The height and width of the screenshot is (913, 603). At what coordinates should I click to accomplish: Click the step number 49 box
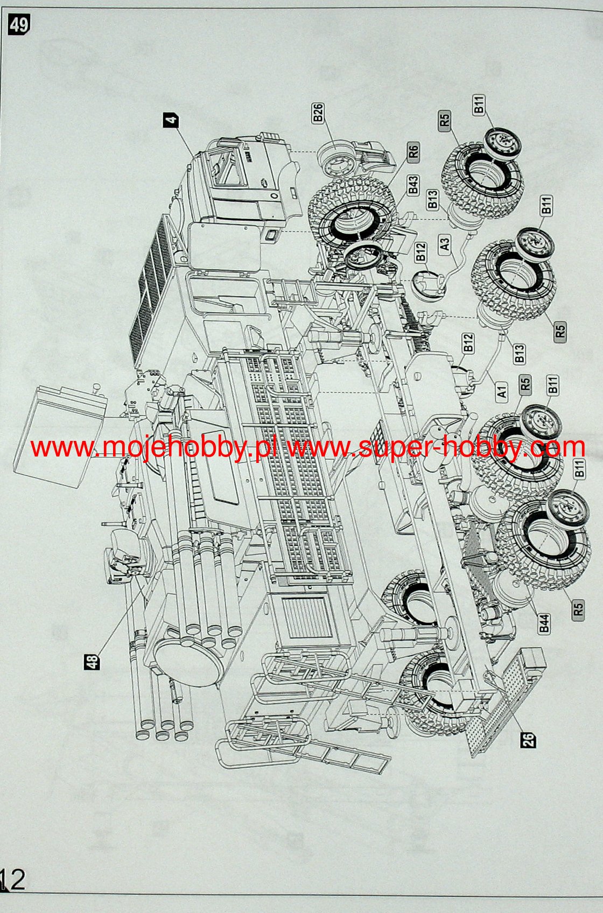(19, 25)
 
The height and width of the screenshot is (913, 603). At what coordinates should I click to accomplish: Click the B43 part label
(413, 185)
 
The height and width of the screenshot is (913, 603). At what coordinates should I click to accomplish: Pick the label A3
(445, 243)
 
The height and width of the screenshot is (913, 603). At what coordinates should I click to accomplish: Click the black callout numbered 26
(529, 740)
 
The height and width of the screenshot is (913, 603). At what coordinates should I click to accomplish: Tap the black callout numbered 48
(93, 662)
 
